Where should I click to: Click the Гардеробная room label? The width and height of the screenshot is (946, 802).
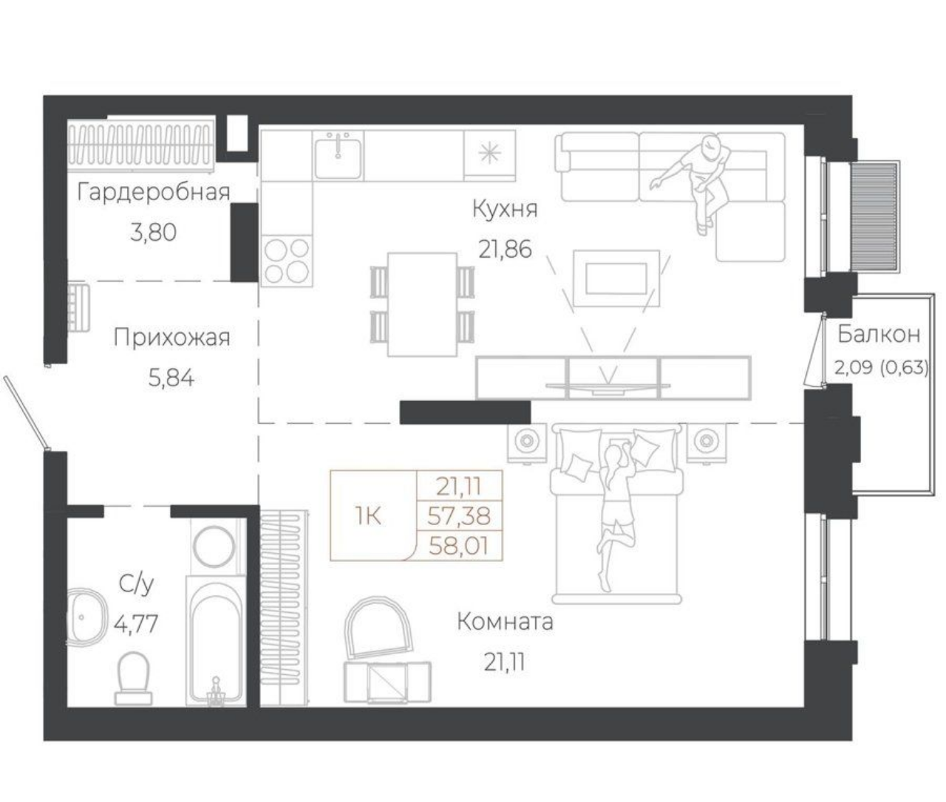click(154, 193)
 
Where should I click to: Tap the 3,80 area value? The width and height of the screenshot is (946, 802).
click(153, 233)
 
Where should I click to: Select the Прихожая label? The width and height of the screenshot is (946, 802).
click(171, 338)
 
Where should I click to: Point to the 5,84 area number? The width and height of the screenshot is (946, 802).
click(171, 379)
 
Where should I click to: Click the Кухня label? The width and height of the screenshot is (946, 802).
click(505, 210)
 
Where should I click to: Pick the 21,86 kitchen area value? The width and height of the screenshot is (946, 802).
click(506, 250)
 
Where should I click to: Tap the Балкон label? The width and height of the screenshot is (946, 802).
click(878, 335)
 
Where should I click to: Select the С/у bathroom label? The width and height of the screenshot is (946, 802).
click(136, 585)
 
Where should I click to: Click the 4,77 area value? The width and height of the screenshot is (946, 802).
click(136, 624)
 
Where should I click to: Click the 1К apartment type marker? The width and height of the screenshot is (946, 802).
click(368, 517)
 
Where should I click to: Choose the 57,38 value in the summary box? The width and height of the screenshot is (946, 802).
click(459, 516)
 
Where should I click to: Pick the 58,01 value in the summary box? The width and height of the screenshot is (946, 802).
click(459, 546)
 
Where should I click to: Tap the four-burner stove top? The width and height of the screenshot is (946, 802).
click(287, 261)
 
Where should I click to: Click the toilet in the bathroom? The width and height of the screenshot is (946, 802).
click(134, 678)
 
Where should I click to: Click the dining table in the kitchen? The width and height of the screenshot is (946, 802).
click(423, 304)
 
